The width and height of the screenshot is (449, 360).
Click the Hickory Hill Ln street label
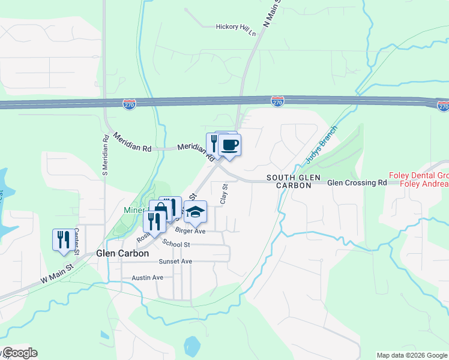[x=237, y=26]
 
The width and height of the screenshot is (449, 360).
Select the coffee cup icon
[x=229, y=145]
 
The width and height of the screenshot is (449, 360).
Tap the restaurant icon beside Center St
[x=62, y=239]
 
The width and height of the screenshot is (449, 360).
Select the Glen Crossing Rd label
[x=357, y=182]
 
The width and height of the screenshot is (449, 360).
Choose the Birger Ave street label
[x=190, y=231]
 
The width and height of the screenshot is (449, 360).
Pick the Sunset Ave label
[x=175, y=262]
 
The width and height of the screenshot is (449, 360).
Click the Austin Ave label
[x=148, y=278]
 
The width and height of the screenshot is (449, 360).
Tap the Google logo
[x=19, y=353]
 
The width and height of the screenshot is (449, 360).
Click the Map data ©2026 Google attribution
[x=411, y=355]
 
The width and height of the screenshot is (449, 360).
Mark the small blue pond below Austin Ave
[x=192, y=345]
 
